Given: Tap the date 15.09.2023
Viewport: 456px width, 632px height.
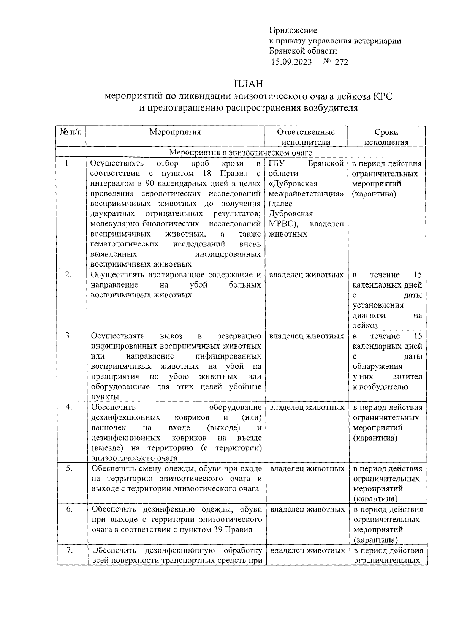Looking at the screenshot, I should coord(291,62).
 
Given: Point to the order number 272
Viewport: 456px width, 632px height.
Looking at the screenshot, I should coord(341,62).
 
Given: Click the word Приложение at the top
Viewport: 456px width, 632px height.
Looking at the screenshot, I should coord(293,30).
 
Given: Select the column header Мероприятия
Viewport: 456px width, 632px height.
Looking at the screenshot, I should coord(175,132).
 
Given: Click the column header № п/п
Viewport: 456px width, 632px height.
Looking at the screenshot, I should coord(71,132).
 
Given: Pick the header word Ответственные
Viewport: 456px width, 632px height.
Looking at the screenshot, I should coord(306,132).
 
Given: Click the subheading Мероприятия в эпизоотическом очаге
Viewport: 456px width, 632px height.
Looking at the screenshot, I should coord(240,153).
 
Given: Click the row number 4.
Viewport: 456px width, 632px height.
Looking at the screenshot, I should coord(69,407).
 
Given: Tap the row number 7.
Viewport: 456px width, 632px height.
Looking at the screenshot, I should coord(69,550).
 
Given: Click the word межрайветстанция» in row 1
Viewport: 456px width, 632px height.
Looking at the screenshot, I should coord(305,194).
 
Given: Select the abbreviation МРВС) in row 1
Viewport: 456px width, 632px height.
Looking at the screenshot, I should coord(283,224).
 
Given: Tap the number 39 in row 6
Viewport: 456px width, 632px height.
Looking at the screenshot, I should coord(218,530).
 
